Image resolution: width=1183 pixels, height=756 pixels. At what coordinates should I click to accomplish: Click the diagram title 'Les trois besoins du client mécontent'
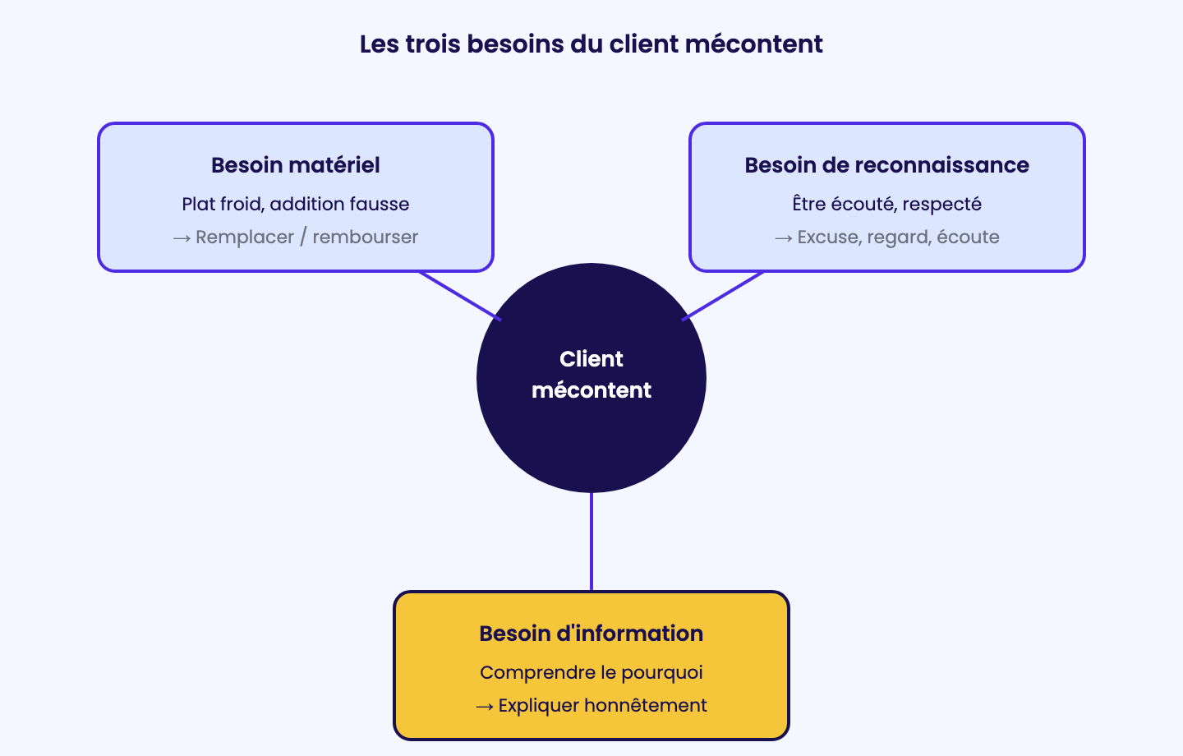(x=591, y=44)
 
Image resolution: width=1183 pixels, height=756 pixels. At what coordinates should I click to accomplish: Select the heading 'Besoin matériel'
(x=295, y=165)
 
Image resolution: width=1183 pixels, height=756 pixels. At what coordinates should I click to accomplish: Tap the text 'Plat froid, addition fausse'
(x=295, y=204)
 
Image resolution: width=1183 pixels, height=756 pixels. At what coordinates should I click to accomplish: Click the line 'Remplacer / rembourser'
(x=307, y=237)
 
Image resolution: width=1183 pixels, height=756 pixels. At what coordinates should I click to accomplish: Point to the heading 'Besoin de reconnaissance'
(x=886, y=165)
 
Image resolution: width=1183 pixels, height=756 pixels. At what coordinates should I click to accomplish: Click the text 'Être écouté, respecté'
(x=886, y=204)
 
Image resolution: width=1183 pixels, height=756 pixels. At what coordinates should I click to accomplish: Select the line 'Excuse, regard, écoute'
(x=899, y=237)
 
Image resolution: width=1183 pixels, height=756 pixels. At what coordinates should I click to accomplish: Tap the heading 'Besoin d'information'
(x=591, y=634)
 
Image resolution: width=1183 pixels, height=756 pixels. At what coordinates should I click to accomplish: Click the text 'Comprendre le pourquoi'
(x=591, y=672)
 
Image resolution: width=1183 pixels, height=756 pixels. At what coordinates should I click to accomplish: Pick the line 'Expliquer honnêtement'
(x=603, y=705)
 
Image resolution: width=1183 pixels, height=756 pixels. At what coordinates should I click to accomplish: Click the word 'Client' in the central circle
(x=591, y=359)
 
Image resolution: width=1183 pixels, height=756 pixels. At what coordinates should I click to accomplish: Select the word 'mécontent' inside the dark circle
(x=591, y=390)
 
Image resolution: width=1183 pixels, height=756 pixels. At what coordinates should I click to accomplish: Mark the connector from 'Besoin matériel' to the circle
(x=460, y=296)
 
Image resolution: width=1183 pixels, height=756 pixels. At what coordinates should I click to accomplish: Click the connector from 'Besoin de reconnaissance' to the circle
(x=722, y=296)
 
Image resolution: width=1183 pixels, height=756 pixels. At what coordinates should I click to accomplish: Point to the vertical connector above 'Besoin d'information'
(x=591, y=542)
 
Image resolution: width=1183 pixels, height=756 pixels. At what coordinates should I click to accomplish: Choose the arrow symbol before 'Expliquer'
(x=485, y=707)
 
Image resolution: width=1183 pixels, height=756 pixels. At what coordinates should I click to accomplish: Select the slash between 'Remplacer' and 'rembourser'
(x=303, y=237)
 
